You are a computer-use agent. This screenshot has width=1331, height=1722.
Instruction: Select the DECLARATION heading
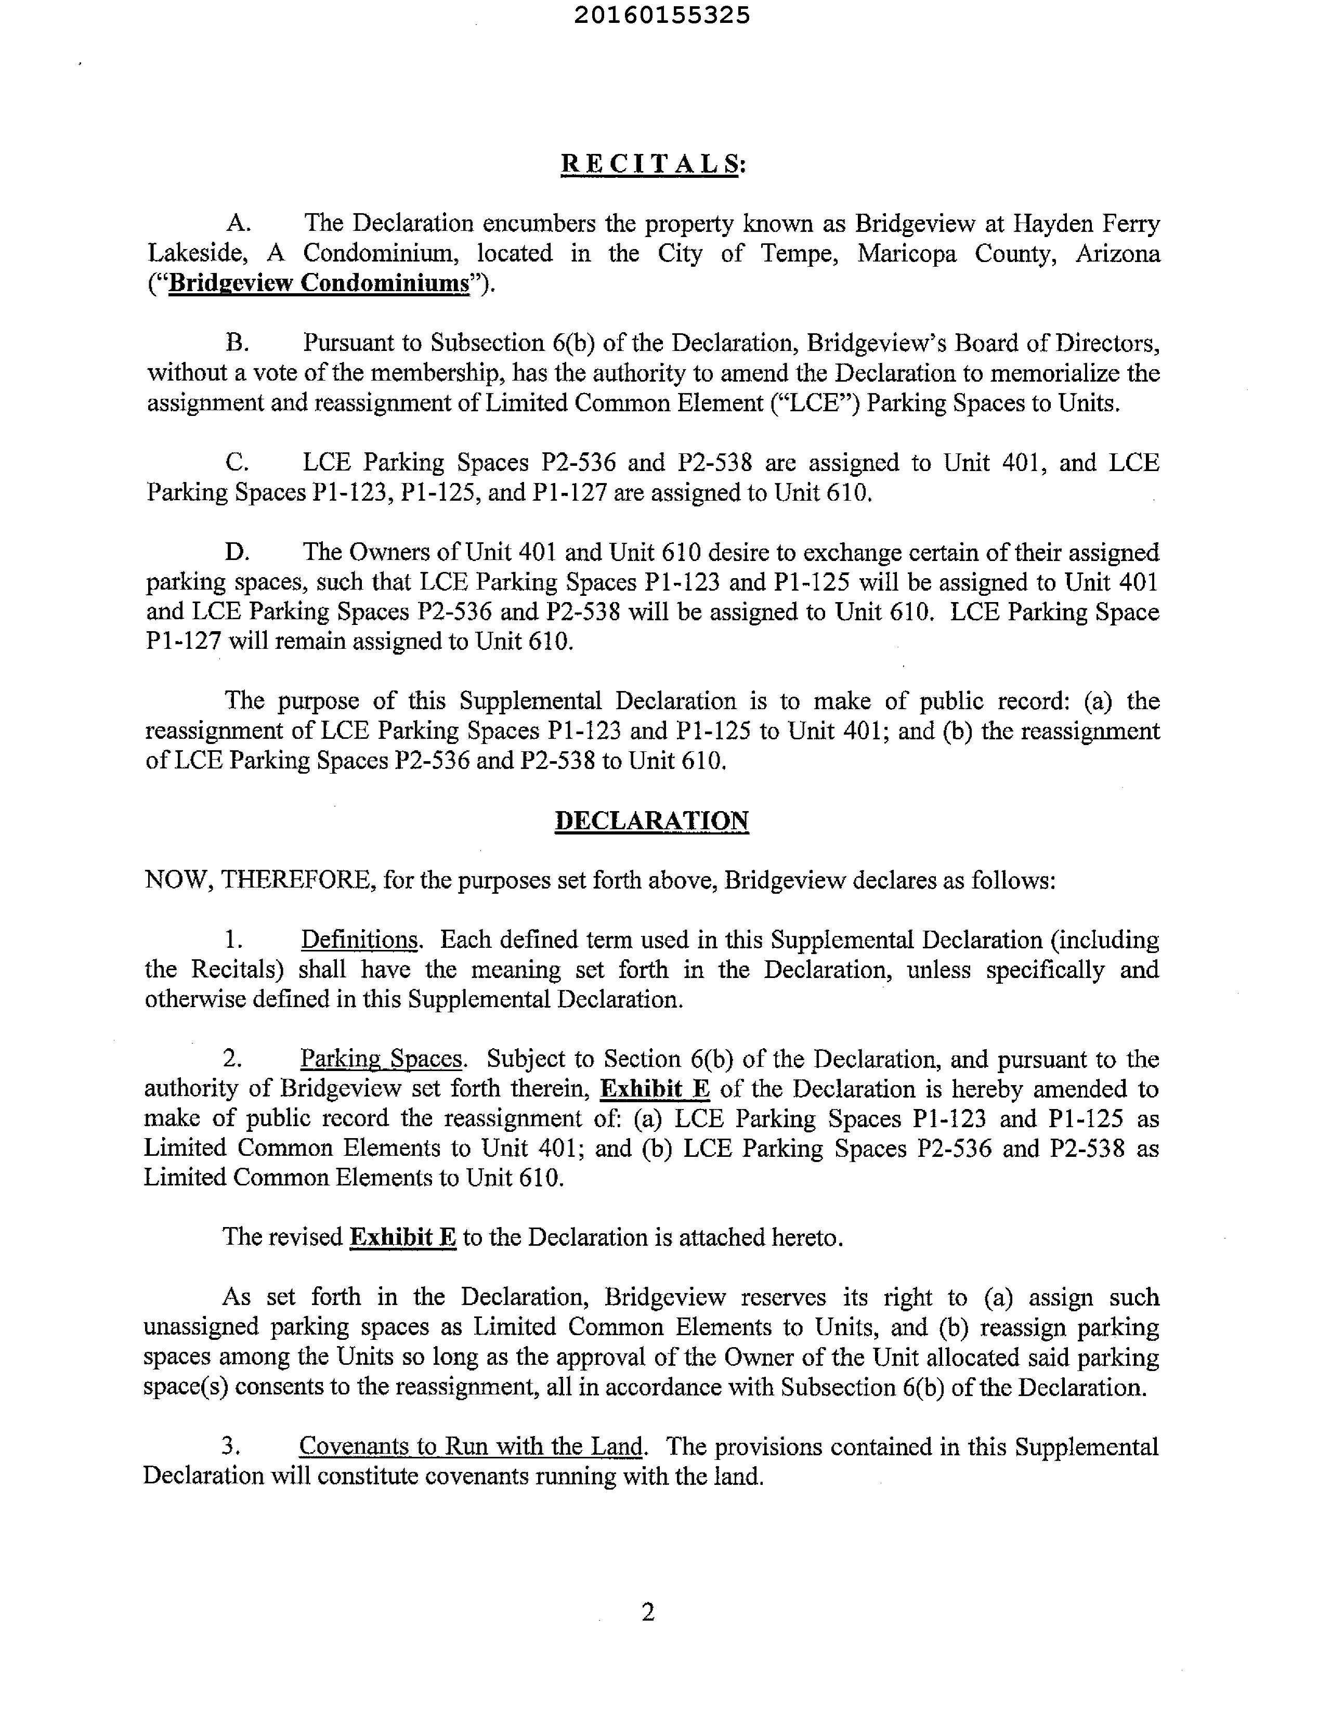(x=651, y=821)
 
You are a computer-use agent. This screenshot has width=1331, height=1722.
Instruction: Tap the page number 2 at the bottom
(x=648, y=1612)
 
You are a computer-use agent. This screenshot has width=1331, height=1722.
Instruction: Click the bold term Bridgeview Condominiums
(x=319, y=283)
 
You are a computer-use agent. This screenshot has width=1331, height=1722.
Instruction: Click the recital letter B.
(x=237, y=343)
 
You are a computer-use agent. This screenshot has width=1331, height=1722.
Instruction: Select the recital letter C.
(x=237, y=462)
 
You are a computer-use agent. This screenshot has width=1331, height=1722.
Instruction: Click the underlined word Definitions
(x=360, y=940)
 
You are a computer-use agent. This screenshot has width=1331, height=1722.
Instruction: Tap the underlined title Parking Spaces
(x=382, y=1059)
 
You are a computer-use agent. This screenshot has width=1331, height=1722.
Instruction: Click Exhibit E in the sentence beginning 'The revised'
(x=403, y=1236)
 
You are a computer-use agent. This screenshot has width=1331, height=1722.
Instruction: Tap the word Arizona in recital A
(x=1117, y=254)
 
